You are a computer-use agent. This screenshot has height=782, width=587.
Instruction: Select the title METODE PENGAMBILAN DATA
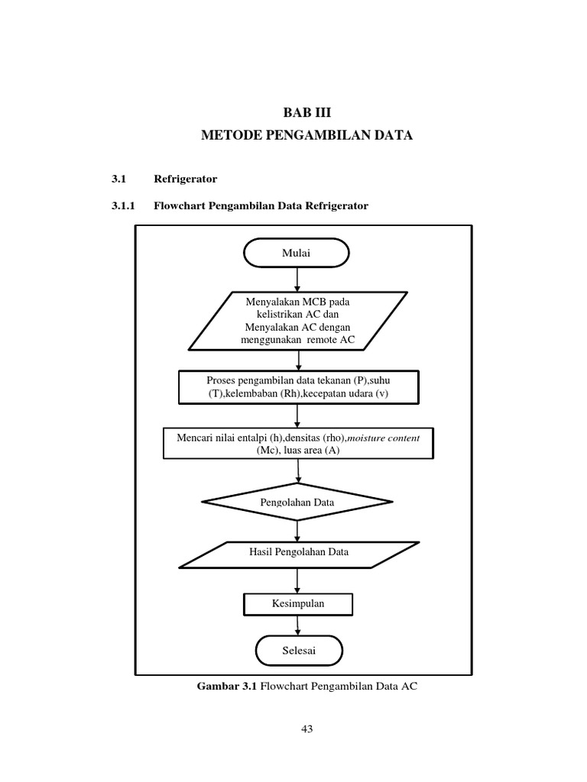tap(306, 136)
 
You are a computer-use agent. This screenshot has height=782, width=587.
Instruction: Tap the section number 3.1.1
tap(123, 205)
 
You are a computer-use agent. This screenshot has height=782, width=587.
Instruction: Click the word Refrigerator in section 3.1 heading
tap(186, 179)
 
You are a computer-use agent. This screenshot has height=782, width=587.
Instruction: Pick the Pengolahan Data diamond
tap(297, 502)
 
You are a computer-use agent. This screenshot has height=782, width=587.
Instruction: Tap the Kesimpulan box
tap(298, 603)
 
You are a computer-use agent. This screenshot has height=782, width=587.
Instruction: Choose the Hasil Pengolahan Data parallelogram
tap(298, 553)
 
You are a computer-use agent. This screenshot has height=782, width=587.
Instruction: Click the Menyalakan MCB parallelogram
tap(297, 321)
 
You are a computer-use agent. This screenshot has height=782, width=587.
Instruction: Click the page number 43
tap(307, 729)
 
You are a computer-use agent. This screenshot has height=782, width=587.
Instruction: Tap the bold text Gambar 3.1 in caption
tap(227, 687)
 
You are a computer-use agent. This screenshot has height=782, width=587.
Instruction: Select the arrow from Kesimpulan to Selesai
tap(297, 625)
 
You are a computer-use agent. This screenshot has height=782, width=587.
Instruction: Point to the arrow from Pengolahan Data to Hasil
tap(297, 530)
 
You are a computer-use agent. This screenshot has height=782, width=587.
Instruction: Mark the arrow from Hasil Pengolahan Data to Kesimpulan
tap(297, 580)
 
